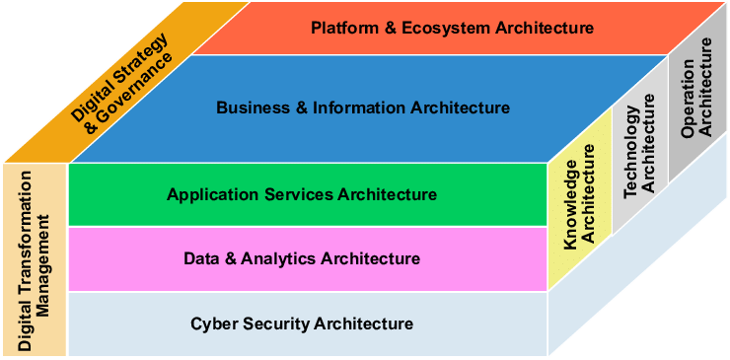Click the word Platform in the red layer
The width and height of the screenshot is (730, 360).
click(340, 28)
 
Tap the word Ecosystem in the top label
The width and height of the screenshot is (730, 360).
click(432, 28)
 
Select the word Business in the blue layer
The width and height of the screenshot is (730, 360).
click(247, 108)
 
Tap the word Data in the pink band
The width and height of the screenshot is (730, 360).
click(200, 259)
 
